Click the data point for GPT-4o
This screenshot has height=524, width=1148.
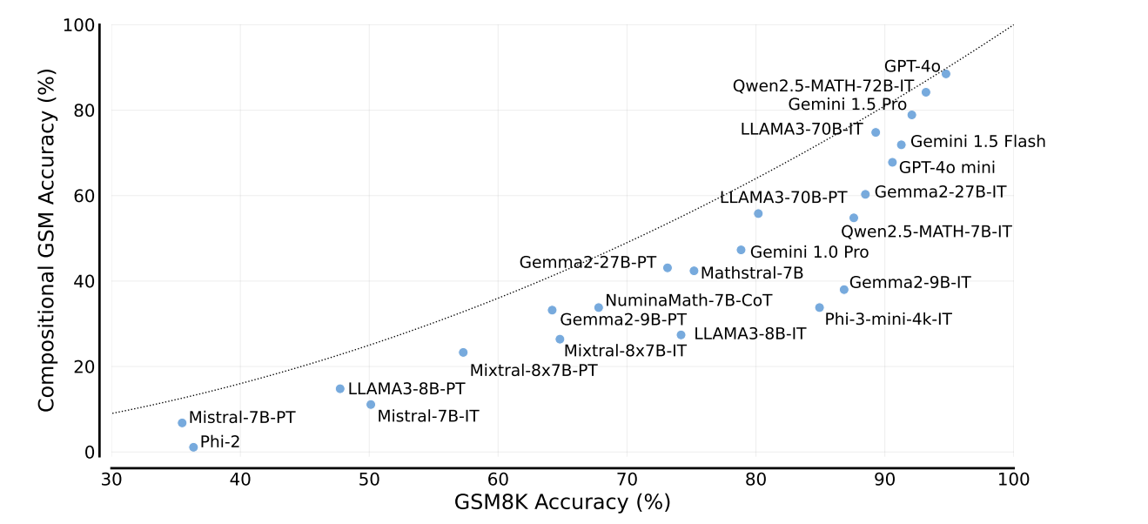pyautogui.click(x=945, y=74)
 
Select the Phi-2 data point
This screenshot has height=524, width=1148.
pyautogui.click(x=193, y=447)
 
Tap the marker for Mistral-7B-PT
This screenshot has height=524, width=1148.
pyautogui.click(x=182, y=423)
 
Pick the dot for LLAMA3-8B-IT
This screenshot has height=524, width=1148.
pyautogui.click(x=681, y=335)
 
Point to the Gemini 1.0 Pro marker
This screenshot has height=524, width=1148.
pyautogui.click(x=741, y=250)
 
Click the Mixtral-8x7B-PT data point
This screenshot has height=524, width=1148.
pyautogui.click(x=463, y=353)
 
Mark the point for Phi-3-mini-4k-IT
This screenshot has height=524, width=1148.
pyautogui.click(x=819, y=307)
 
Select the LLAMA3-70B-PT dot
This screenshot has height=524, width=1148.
pyautogui.click(x=757, y=213)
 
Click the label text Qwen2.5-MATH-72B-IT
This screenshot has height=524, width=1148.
pyautogui.click(x=822, y=86)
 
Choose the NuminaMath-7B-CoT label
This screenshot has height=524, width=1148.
pyautogui.click(x=688, y=300)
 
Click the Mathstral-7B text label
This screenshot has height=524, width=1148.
pyautogui.click(x=751, y=273)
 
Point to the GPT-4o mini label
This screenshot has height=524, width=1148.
pyautogui.click(x=946, y=168)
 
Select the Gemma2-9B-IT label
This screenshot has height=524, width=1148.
pyautogui.click(x=910, y=283)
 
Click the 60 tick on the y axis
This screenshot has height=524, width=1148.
pyautogui.click(x=84, y=196)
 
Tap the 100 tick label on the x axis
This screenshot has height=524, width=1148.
pyautogui.click(x=1013, y=480)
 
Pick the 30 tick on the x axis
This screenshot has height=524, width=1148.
pyautogui.click(x=111, y=480)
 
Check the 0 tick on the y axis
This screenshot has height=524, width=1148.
pyautogui.click(x=89, y=453)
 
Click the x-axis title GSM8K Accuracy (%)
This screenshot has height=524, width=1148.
pyautogui.click(x=562, y=503)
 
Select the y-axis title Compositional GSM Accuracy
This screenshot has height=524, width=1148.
pyautogui.click(x=47, y=238)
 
